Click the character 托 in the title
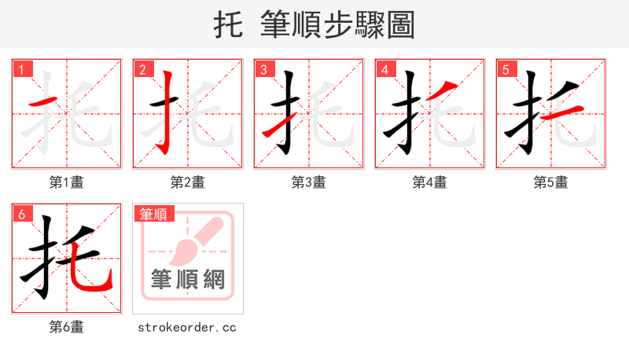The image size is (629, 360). point(229,25)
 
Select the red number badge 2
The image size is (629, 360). point(142,69)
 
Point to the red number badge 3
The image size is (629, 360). point(263,69)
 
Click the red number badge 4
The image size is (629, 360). point(384,69)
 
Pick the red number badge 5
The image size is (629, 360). point(506,69)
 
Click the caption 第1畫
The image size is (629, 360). point(66,182)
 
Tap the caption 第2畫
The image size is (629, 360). point(187,182)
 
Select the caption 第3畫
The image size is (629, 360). point(308,182)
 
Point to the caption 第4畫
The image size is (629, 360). point(429,182)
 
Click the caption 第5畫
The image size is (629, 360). point(550,182)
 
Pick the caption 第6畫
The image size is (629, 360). point(66,327)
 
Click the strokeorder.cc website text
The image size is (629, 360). point(187,327)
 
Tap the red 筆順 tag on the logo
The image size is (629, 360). point(154,214)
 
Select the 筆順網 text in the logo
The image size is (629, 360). point(187,279)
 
